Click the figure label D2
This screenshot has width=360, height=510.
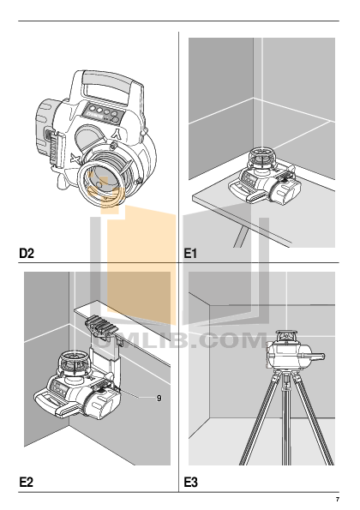(27, 253)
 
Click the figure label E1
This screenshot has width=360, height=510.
(190, 253)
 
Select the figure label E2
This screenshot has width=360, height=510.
(27, 482)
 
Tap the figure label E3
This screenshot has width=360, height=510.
(190, 482)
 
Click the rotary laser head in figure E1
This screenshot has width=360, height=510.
(262, 158)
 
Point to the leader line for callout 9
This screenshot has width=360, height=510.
(137, 393)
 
